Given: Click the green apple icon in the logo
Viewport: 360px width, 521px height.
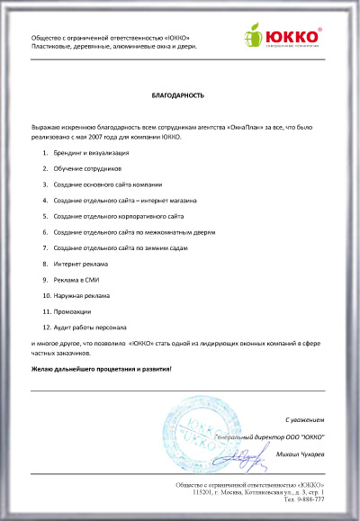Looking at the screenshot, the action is (253, 37).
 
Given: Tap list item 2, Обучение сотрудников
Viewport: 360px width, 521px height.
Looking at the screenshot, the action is (86, 169).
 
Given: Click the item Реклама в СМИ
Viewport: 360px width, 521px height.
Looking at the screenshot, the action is (77, 279).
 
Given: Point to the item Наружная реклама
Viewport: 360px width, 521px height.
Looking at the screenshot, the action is (81, 295).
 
